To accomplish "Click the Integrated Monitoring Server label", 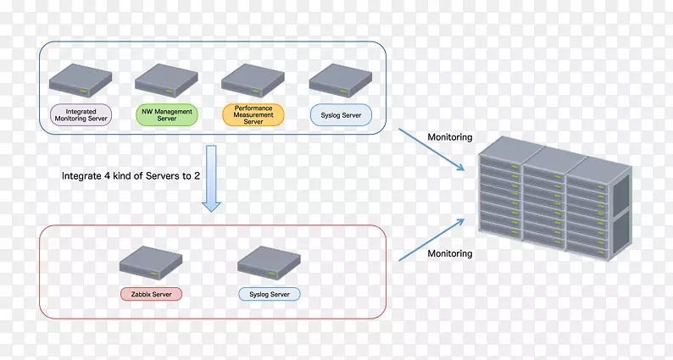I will [x=81, y=116].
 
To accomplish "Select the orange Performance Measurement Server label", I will [x=253, y=116].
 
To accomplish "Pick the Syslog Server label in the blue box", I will [x=340, y=116].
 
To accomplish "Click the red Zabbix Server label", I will [x=151, y=294].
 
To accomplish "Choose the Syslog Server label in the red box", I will [x=269, y=294].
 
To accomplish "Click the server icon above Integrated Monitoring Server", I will [x=81, y=80].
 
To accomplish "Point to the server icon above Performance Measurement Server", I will [x=253, y=80].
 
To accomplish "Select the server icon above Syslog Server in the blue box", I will [x=340, y=80].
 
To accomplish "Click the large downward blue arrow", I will [x=211, y=178].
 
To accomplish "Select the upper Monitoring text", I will [x=449, y=137].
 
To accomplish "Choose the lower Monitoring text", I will [x=449, y=253].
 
